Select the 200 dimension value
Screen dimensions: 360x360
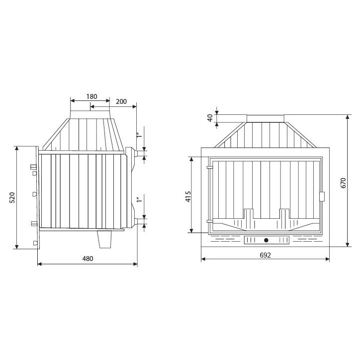pos(121,101)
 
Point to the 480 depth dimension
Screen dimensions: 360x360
pos(88,258)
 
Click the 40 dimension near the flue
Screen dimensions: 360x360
pos(210,118)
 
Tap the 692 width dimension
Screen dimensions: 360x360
pos(265,255)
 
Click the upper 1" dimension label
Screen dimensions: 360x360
pos(140,133)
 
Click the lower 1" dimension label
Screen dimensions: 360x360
pos(140,201)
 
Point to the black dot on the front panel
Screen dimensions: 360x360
pos(267,241)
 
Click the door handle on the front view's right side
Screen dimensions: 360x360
pos(322,196)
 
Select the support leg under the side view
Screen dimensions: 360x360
pos(105,241)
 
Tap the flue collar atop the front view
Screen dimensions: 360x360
pos(266,118)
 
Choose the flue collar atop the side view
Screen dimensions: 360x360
pos(90,115)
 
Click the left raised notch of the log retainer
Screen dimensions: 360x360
pos(249,214)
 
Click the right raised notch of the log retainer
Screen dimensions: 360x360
pos(284,214)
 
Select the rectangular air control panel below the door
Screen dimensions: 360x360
pos(267,241)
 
